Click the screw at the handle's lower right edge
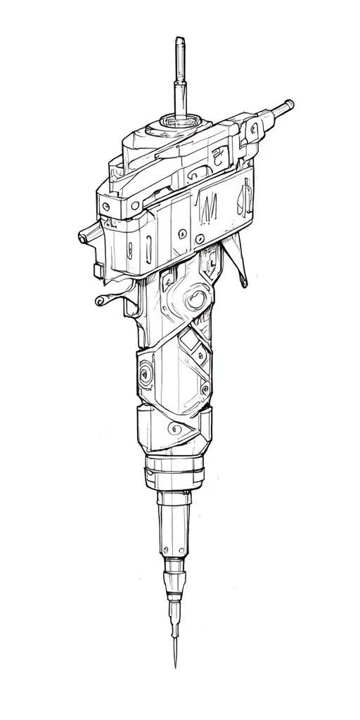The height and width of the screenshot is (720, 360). (x=205, y=390)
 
